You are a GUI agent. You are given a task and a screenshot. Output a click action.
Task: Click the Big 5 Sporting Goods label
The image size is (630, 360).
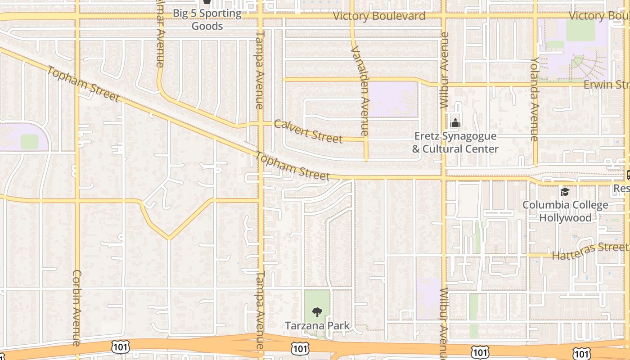point(207,20)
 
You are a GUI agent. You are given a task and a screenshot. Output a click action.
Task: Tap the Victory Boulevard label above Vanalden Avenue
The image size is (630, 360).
point(379,16)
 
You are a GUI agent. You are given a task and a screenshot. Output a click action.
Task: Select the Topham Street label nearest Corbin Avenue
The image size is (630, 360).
point(83,85)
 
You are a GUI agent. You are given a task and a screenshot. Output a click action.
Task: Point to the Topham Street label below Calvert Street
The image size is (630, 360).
point(293,166)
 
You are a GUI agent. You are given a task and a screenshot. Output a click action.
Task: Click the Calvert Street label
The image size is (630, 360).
point(308,131)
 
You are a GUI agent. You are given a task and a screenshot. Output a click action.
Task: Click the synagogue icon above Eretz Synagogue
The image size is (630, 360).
point(455,122)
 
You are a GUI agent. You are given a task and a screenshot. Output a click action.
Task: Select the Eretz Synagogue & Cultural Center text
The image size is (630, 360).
point(455,142)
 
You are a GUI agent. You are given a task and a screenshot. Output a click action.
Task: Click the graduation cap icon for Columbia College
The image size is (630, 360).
point(565,192)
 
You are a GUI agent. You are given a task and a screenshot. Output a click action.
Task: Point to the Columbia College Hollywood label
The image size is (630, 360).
point(565,211)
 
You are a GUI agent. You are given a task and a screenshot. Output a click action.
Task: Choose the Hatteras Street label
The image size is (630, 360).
point(589,251)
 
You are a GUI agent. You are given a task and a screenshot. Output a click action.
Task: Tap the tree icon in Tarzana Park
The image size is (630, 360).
point(317,312)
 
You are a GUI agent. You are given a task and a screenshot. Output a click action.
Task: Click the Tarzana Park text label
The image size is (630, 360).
point(317,325)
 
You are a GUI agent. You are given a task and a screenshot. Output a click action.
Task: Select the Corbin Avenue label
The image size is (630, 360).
point(76,308)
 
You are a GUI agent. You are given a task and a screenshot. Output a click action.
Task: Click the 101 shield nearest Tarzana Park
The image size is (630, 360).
point(300,348)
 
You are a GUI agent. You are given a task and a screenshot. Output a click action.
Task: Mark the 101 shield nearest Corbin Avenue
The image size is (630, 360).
point(121,346)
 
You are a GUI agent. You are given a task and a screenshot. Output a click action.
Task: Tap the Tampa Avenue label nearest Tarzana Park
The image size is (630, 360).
point(260,310)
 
